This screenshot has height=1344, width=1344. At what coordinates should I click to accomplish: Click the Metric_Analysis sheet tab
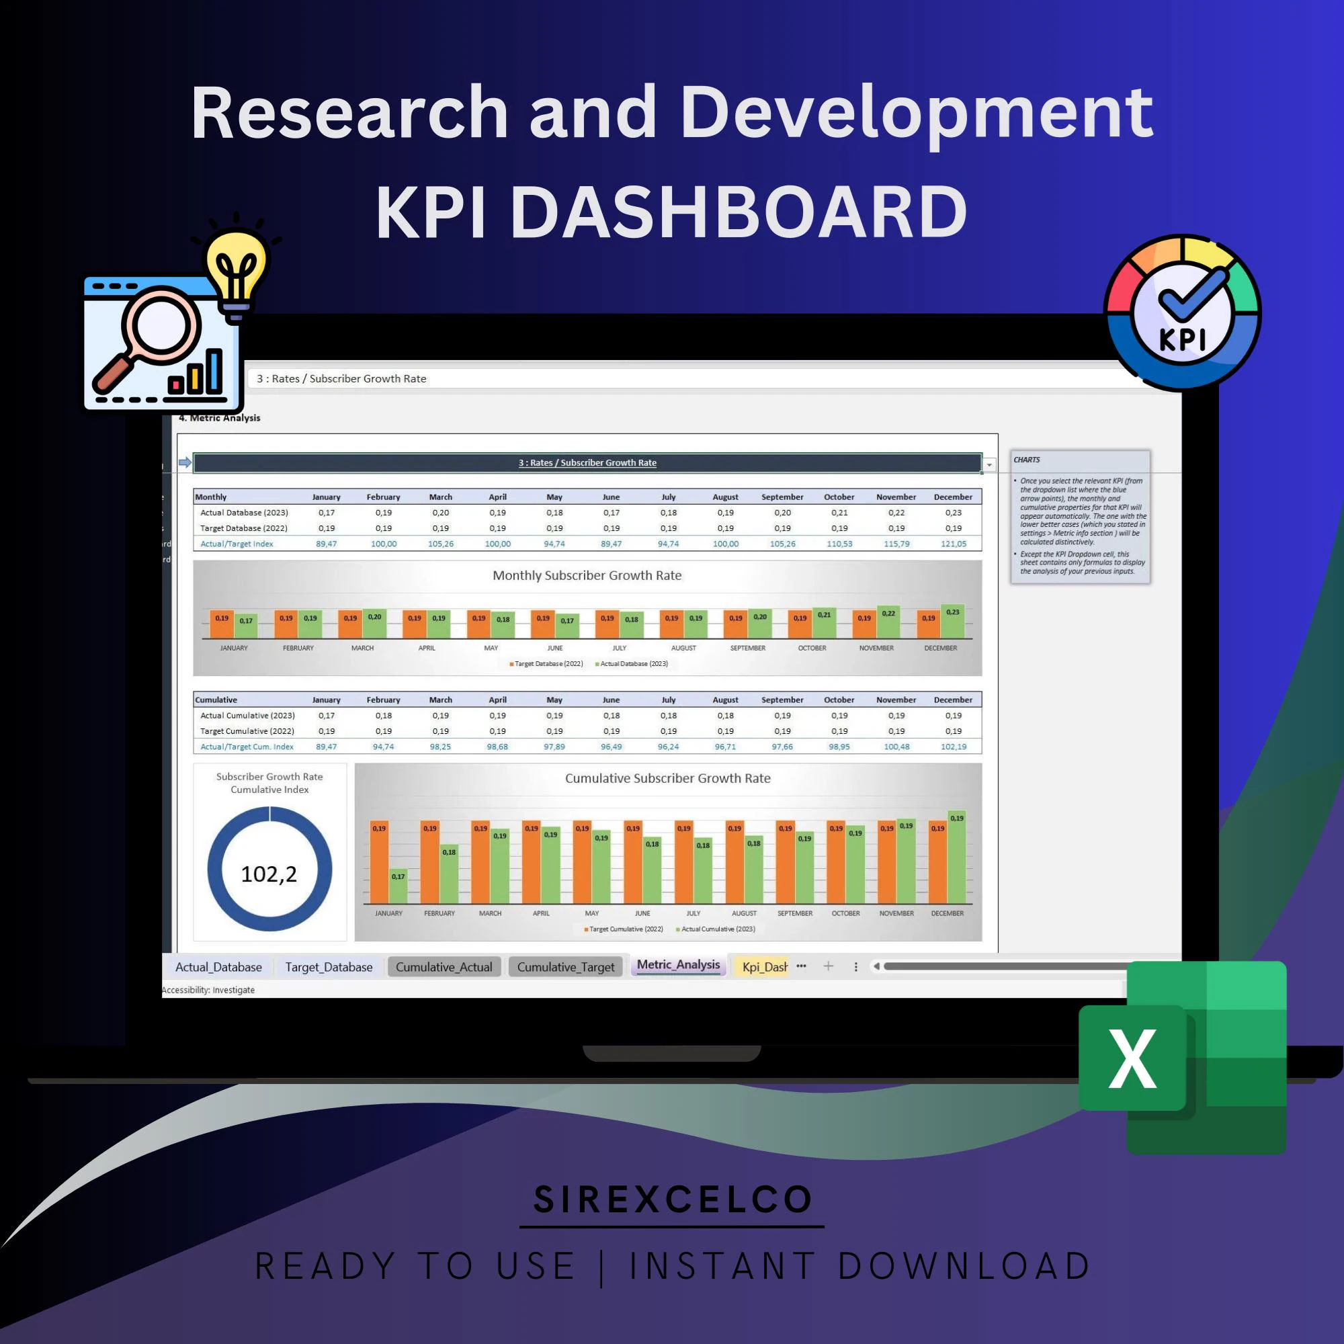click(678, 965)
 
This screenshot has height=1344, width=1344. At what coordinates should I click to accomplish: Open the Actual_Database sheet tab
click(218, 967)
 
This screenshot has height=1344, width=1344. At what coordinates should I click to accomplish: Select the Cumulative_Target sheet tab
click(566, 967)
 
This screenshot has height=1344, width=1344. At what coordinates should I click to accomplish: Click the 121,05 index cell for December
click(953, 544)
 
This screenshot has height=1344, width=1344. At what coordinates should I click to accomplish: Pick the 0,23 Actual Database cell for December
click(953, 513)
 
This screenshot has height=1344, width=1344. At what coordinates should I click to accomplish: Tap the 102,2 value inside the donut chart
click(269, 874)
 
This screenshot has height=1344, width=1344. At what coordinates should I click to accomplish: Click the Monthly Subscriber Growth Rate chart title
click(587, 575)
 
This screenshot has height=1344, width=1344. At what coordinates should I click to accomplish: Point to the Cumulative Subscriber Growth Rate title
click(667, 778)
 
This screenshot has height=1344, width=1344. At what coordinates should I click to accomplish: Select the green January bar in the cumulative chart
click(398, 887)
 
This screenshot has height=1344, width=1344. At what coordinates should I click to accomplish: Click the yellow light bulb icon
click(237, 268)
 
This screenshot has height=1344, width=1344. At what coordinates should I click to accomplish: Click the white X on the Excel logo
click(1132, 1058)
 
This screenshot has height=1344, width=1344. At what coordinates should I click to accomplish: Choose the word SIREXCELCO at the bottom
click(673, 1200)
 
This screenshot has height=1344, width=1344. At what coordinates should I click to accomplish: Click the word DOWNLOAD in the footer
click(964, 1266)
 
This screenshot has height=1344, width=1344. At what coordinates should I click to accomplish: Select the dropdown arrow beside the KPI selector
click(989, 464)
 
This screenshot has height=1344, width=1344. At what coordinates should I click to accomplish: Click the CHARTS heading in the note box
click(1026, 460)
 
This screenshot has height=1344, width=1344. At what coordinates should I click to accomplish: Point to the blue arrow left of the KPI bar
click(185, 462)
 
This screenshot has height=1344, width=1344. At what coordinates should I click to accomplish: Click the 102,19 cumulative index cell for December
click(953, 747)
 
